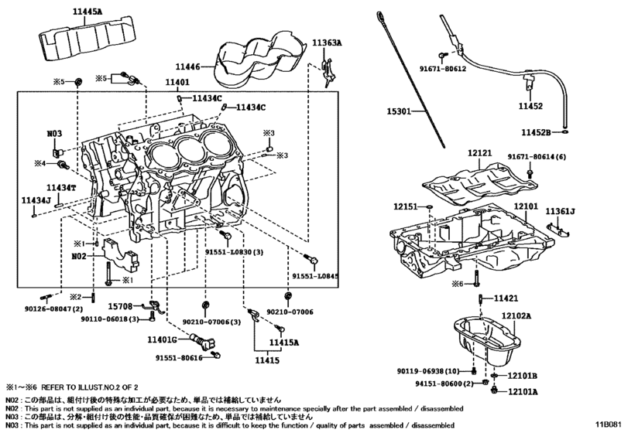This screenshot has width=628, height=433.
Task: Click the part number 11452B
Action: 537,132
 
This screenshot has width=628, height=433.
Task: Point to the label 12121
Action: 479,154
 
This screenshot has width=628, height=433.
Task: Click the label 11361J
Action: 560,211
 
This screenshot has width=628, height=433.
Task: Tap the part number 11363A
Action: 327,43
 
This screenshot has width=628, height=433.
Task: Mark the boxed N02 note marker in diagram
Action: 79,254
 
